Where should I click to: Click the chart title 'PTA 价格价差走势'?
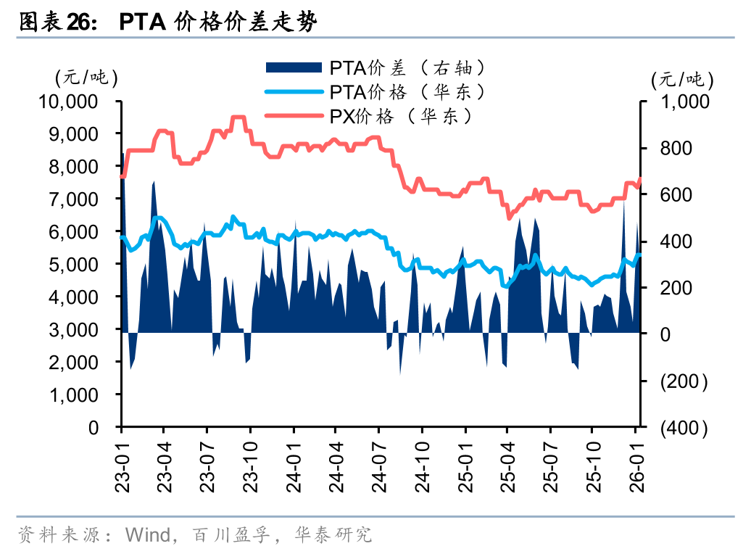click(x=217, y=22)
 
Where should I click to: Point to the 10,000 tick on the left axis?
click(x=68, y=102)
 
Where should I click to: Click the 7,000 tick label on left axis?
click(x=73, y=199)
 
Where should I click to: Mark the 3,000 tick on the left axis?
click(x=73, y=330)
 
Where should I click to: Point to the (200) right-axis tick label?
click(x=683, y=381)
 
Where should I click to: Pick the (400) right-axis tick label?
click(x=683, y=428)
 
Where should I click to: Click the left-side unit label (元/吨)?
click(x=86, y=75)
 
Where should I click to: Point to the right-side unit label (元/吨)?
click(x=682, y=78)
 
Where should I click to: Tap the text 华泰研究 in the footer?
click(x=333, y=535)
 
